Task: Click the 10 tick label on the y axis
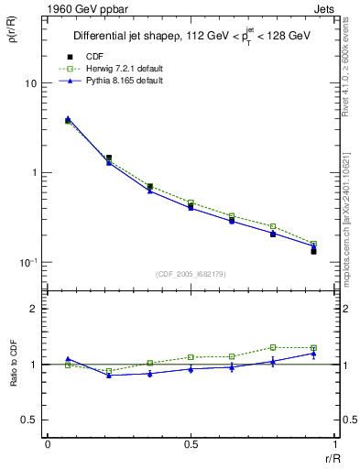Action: pyautogui.click(x=29, y=83)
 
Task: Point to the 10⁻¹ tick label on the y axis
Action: pyautogui.click(x=27, y=262)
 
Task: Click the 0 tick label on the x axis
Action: pyautogui.click(x=48, y=444)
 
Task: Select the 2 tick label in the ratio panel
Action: pyautogui.click(x=35, y=309)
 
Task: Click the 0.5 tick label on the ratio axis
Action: pyautogui.click(x=30, y=420)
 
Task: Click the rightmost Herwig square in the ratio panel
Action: pyautogui.click(x=313, y=348)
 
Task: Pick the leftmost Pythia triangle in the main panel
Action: pyautogui.click(x=68, y=118)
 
